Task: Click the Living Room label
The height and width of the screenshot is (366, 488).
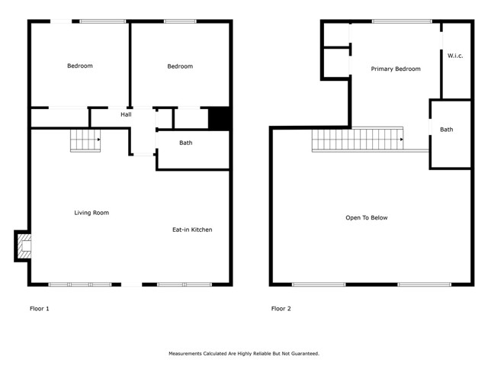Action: [91, 213]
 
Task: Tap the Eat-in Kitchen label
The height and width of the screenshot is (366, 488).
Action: [191, 230]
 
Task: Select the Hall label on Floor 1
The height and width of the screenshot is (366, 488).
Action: [126, 114]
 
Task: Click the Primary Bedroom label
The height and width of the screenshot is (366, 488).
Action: [395, 69]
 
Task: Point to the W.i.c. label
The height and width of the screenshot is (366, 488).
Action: [456, 55]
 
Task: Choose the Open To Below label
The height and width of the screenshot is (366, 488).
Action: [366, 218]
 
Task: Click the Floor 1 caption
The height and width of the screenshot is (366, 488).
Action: [39, 309]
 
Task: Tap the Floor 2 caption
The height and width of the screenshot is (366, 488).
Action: [281, 309]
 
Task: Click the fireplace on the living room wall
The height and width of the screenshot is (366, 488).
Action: [24, 246]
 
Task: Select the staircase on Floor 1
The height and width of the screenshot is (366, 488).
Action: [85, 140]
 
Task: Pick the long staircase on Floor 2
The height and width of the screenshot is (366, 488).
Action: [357, 140]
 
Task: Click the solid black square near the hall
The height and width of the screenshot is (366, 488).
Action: [219, 118]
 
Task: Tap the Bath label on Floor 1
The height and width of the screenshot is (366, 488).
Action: [185, 143]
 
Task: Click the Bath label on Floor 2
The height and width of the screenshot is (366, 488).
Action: [446, 130]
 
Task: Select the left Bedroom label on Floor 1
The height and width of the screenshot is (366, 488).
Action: [80, 66]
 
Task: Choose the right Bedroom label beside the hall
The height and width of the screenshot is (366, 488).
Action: [180, 66]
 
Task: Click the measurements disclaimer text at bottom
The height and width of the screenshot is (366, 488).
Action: [243, 354]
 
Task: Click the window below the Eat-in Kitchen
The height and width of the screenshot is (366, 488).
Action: [185, 284]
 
